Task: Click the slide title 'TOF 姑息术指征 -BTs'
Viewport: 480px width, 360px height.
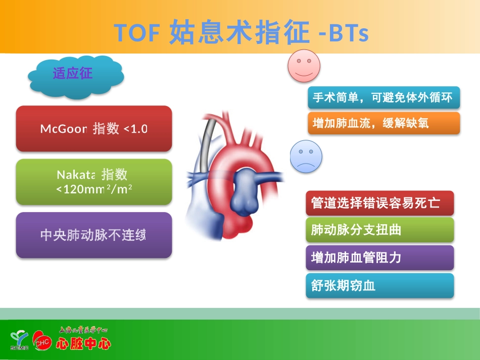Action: (x=241, y=33)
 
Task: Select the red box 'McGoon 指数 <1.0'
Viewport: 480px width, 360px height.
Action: (x=94, y=129)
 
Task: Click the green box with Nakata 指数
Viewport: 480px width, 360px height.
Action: (x=94, y=182)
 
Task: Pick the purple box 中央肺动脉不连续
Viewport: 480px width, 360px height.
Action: (x=94, y=235)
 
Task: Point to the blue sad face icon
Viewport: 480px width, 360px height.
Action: (x=306, y=157)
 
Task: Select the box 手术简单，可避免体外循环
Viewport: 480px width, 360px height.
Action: (x=383, y=98)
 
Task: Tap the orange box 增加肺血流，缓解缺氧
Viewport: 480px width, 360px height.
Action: (x=383, y=123)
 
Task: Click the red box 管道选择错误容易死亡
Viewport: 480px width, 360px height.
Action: (x=379, y=203)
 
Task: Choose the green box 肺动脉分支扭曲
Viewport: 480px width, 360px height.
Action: (x=379, y=230)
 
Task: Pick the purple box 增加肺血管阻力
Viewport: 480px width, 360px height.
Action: (x=379, y=258)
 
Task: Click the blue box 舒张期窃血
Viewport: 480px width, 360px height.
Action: (x=379, y=286)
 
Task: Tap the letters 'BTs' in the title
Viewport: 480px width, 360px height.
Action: (x=349, y=33)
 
